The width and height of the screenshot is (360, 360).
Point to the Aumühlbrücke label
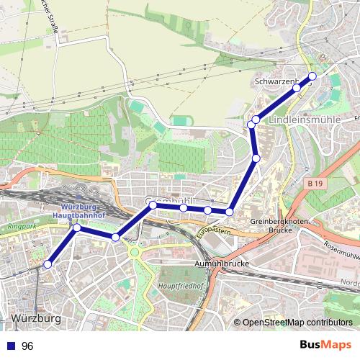click(222, 264)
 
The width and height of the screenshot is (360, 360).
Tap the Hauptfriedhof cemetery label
click(177, 286)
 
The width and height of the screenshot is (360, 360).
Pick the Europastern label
click(213, 233)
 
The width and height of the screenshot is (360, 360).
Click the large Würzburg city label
click(36, 318)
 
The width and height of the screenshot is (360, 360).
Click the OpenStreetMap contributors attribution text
click(297, 323)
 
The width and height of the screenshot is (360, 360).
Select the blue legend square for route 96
click(9, 346)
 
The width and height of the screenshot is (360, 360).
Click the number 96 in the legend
click(28, 346)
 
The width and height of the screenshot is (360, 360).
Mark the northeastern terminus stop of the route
click(312, 76)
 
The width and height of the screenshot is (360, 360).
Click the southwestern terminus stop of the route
click(48, 265)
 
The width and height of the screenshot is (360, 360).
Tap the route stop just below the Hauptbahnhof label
click(77, 228)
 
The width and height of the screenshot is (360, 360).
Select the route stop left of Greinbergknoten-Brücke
click(230, 212)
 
